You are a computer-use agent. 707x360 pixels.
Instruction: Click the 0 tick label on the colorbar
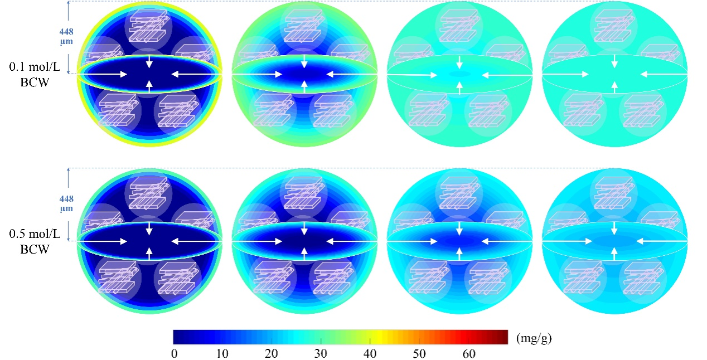point(175,353)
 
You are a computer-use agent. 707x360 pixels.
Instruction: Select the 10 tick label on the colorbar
point(223,353)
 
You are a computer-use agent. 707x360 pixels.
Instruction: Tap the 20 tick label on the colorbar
point(272,353)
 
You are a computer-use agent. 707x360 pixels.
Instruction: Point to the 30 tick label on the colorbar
point(321,353)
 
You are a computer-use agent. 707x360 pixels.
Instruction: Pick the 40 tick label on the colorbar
point(370,353)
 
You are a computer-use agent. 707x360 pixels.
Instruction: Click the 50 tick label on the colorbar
point(419,353)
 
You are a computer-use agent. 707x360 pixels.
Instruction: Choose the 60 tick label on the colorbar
point(468,353)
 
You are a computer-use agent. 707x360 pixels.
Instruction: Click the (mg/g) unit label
point(534,338)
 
